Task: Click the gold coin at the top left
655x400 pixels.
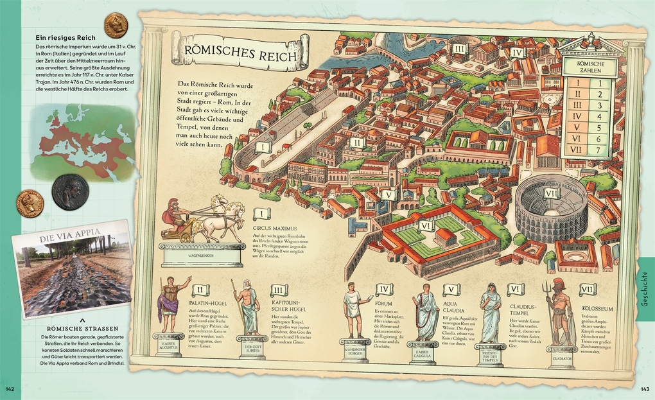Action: pyautogui.click(x=116, y=25)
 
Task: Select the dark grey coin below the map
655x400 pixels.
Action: pyautogui.click(x=70, y=192)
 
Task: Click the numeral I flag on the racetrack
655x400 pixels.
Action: pyautogui.click(x=262, y=147)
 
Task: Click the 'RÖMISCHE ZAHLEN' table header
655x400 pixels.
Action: pyautogui.click(x=589, y=67)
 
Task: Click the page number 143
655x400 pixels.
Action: pyautogui.click(x=645, y=389)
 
